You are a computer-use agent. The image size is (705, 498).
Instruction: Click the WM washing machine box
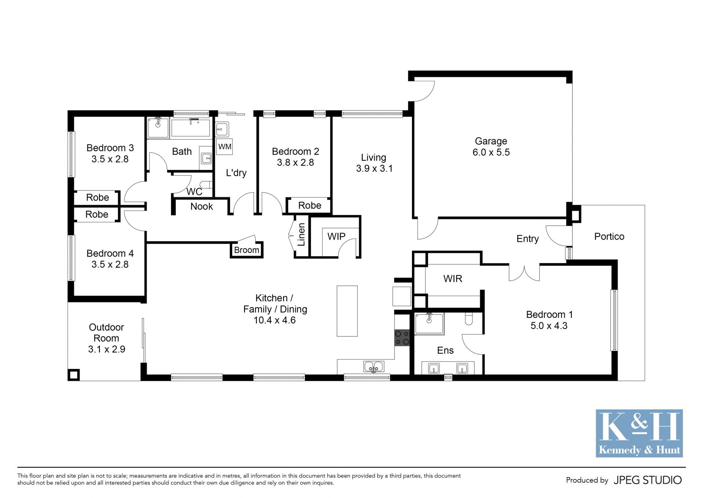pos(224,147)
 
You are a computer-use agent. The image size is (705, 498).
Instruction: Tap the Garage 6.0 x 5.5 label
pos(491,147)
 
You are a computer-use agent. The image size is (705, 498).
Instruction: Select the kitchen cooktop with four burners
pos(402,338)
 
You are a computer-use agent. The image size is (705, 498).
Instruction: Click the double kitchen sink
pos(373,367)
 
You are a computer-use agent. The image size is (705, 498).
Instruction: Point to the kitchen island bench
pos(347,311)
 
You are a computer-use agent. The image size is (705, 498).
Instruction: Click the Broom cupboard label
pos(247,250)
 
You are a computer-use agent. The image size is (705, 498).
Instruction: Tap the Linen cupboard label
pos(301,234)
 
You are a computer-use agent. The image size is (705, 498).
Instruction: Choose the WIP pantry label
pos(336,236)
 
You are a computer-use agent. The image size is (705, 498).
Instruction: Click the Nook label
pos(202,207)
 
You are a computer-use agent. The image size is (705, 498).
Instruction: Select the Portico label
pos(609,236)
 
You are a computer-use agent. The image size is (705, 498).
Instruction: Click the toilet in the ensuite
pos(469,319)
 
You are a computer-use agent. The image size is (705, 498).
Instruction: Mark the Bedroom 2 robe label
pos(310,205)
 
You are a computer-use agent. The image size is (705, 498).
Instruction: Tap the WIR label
pos(453,279)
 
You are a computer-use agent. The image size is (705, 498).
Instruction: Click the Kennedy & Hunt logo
pos(639,433)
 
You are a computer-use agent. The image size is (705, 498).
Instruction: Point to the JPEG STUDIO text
pos(648,480)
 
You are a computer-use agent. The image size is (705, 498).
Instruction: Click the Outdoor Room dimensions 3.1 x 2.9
pos(106,349)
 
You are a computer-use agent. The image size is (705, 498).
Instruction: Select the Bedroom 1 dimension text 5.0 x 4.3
pos(549,326)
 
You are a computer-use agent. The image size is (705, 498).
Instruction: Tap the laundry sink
pos(221,129)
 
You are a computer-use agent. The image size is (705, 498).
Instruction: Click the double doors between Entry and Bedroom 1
pos(524,273)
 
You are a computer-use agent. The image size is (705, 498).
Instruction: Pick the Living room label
pos(374,163)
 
